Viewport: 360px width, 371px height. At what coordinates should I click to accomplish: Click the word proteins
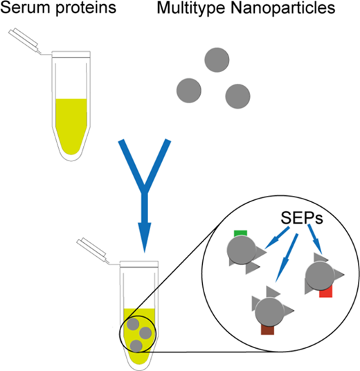coord(86,8)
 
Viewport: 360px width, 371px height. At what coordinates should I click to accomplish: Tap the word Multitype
coord(191,8)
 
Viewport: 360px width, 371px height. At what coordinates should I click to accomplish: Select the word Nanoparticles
coord(283,8)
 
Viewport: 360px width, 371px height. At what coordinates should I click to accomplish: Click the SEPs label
coord(302,218)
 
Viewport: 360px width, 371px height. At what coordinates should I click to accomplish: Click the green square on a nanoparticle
coord(240,233)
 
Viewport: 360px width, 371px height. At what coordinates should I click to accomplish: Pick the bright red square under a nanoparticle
coord(326,291)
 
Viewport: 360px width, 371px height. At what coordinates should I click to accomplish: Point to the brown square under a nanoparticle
coord(267,329)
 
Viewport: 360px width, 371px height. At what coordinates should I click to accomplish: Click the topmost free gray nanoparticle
coord(217,60)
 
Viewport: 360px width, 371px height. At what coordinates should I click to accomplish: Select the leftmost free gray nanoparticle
coord(189,91)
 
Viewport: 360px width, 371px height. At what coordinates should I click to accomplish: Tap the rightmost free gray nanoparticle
coord(237,96)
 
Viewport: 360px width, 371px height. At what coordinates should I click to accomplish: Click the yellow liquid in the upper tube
coord(71,125)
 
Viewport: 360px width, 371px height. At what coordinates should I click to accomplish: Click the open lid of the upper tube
coord(24,38)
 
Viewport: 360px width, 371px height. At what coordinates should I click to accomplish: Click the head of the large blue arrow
coord(145,237)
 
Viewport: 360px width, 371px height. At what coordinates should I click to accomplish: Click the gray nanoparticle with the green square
coord(241,251)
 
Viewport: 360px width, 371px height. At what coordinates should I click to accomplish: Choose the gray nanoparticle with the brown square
coord(269,311)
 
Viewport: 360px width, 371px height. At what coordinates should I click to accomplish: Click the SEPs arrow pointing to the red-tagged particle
coord(315,239)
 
